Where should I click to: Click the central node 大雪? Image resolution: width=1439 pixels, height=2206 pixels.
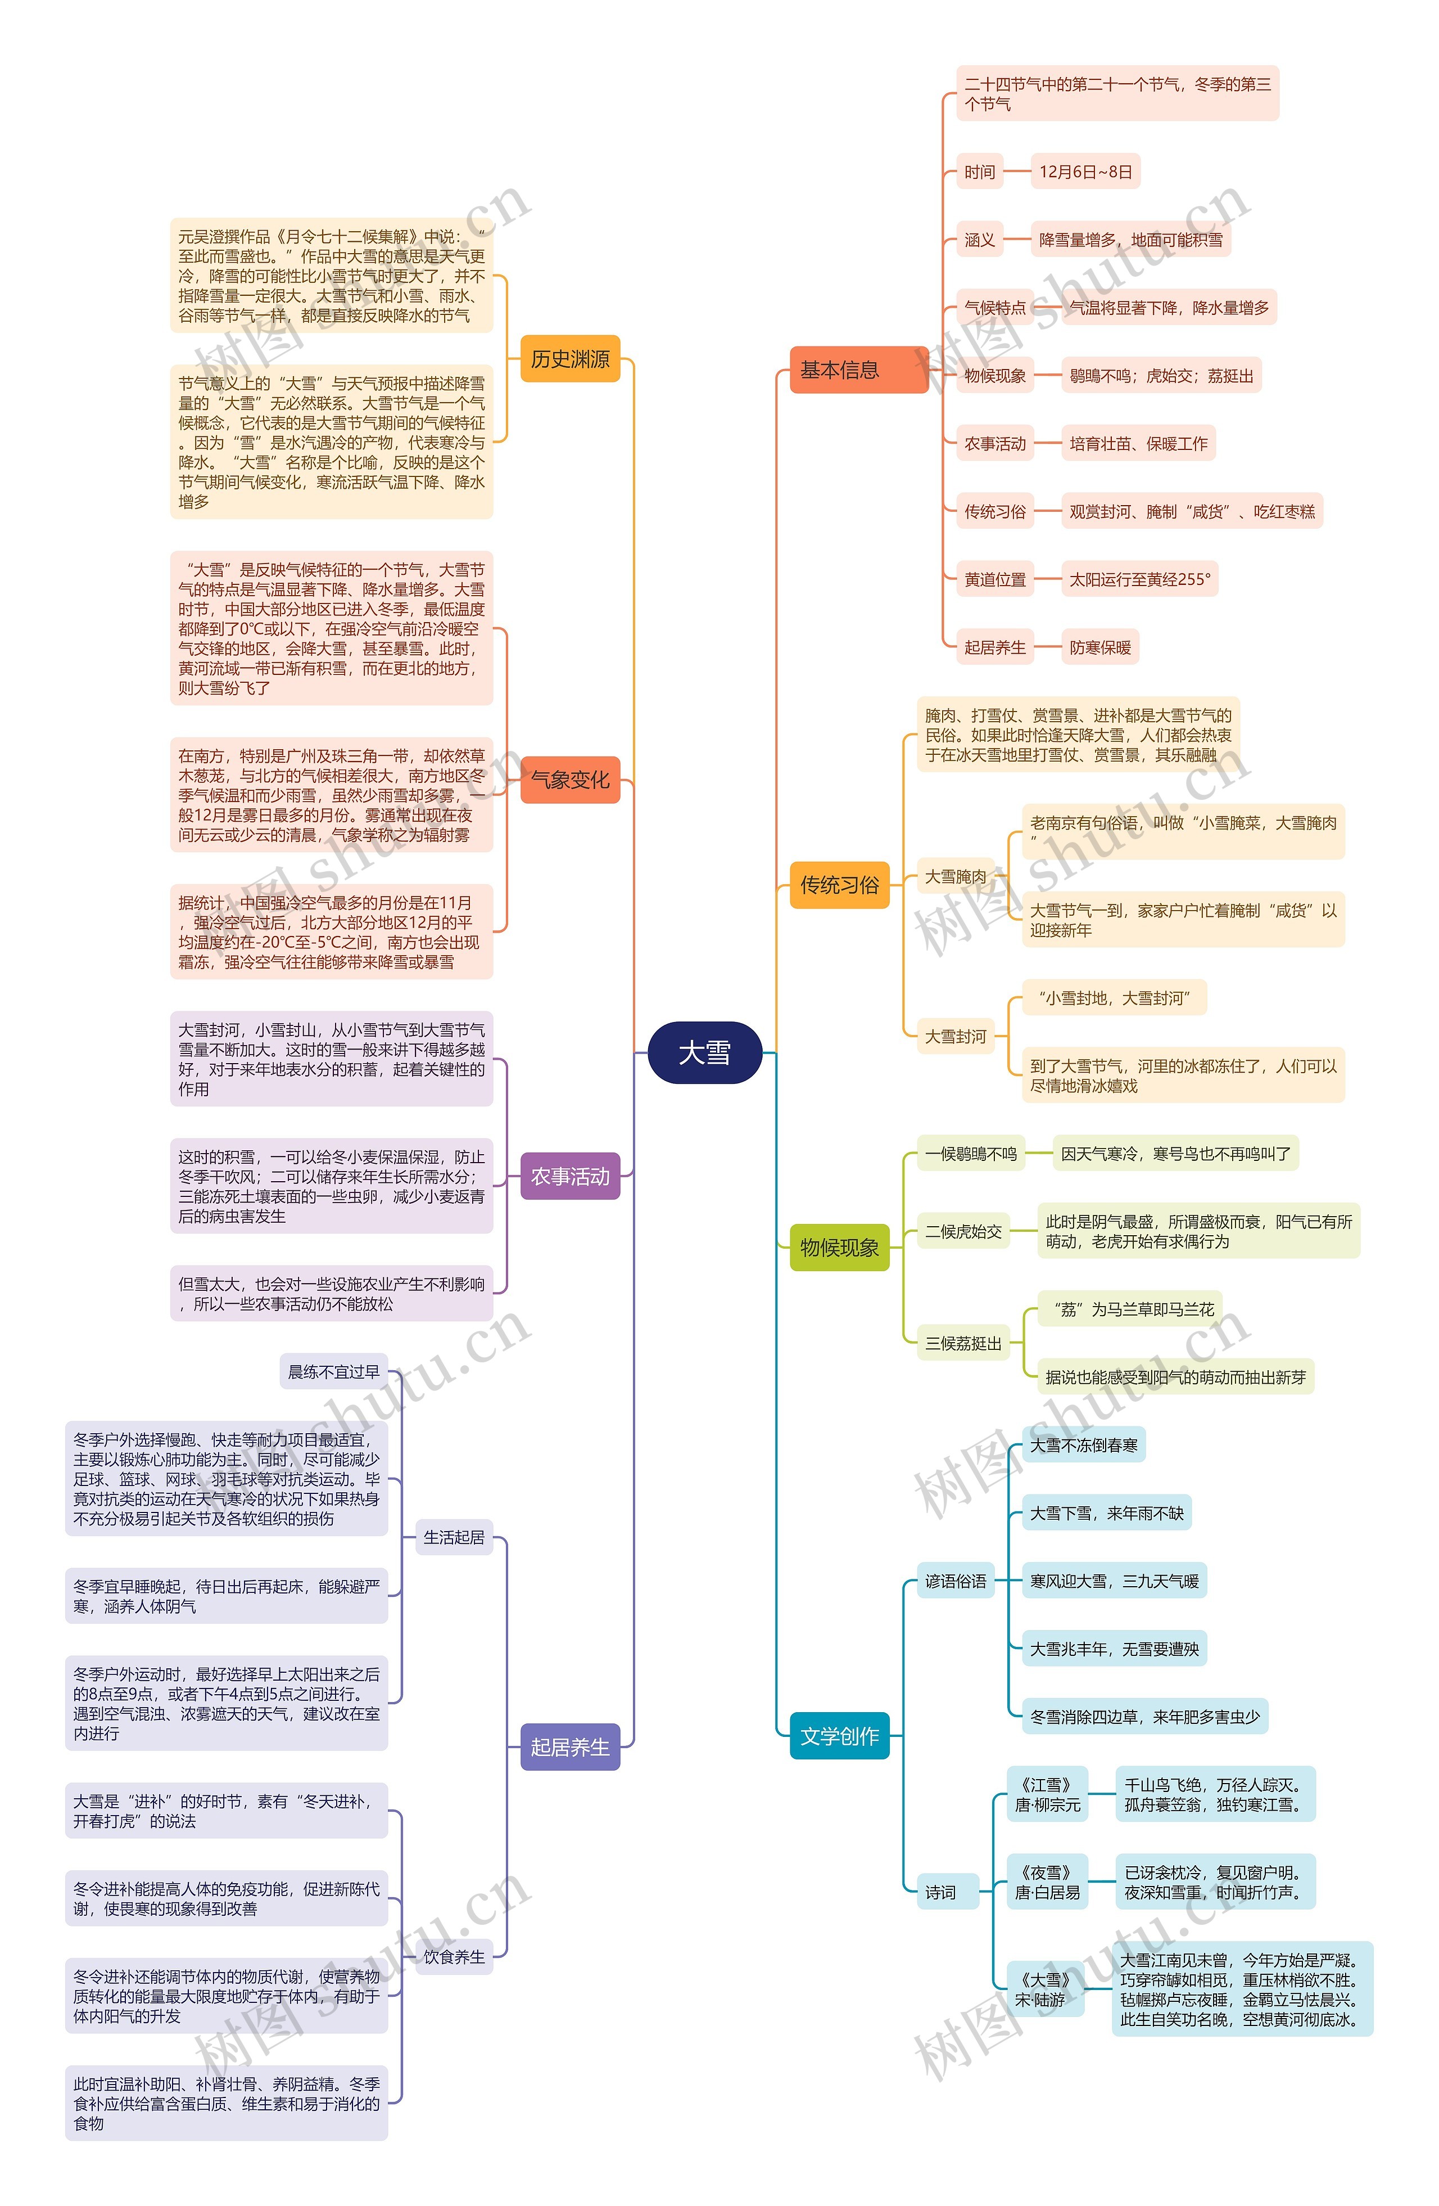coord(704,1053)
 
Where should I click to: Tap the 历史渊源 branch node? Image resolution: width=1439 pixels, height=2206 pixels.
coord(570,359)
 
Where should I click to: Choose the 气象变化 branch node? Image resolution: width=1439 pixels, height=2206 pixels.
coord(570,780)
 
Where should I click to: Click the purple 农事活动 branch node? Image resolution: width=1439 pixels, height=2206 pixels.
coord(570,1176)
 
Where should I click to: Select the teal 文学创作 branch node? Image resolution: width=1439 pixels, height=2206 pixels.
coord(839,1736)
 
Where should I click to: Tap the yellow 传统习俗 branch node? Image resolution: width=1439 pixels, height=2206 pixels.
coord(839,884)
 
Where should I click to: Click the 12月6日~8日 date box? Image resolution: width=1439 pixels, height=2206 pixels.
coord(1085,172)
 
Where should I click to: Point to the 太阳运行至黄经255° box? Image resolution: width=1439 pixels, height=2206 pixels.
coord(1139,579)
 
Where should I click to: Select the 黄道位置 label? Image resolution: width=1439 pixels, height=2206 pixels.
coord(994,579)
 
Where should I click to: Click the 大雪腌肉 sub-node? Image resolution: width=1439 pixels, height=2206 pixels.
coord(956,876)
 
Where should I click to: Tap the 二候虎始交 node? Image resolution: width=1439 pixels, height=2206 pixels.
coord(963,1232)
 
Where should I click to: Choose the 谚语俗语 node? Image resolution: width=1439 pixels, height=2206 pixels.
coord(956,1581)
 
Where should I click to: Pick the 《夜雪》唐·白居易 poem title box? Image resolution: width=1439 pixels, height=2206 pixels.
coord(1047,1883)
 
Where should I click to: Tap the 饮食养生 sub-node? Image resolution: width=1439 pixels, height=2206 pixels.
coord(454,1957)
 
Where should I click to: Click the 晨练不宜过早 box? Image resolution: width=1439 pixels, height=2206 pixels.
coord(333,1372)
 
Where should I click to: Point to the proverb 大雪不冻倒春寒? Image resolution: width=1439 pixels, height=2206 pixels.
coord(1083,1445)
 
